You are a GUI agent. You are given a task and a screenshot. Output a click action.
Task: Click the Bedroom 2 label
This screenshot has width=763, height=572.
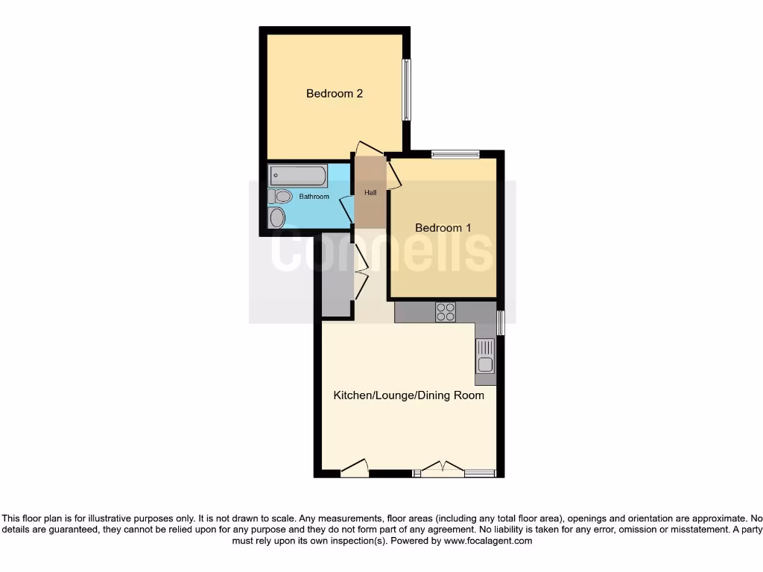click(x=335, y=94)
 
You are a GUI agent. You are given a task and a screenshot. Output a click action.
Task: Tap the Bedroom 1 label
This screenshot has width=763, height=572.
click(x=443, y=228)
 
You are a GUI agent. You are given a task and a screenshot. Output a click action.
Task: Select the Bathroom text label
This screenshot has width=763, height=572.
click(x=314, y=197)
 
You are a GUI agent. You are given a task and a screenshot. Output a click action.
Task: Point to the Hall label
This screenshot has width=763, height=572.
click(x=370, y=193)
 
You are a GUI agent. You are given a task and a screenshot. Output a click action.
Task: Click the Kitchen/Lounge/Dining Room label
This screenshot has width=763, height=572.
click(x=408, y=395)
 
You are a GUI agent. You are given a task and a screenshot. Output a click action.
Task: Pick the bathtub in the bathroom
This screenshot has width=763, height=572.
click(x=298, y=177)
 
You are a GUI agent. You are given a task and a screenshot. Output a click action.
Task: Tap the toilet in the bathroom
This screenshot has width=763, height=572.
click(x=282, y=197)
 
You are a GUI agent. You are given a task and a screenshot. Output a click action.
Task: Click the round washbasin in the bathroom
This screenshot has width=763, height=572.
click(x=277, y=217)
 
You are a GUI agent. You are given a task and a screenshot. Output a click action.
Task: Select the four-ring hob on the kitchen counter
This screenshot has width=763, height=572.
click(x=446, y=312)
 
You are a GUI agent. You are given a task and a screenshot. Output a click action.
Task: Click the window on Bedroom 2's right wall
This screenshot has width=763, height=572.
click(x=406, y=89)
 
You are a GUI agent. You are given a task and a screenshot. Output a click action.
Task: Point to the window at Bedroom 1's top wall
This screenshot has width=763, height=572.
click(x=455, y=155)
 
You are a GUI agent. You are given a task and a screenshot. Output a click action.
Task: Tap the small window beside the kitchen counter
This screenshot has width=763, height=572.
click(x=501, y=323)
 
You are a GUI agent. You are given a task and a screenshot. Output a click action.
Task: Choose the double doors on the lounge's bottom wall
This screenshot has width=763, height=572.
click(x=443, y=469)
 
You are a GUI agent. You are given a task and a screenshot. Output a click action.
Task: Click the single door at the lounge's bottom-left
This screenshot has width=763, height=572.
click(x=355, y=468)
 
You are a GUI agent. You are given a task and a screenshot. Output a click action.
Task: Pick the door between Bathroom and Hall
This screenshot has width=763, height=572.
click(x=346, y=209)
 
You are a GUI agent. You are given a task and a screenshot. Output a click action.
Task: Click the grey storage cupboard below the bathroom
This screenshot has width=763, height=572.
click(x=336, y=276)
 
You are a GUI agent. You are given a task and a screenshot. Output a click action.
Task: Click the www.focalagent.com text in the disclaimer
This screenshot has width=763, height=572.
click(x=488, y=541)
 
